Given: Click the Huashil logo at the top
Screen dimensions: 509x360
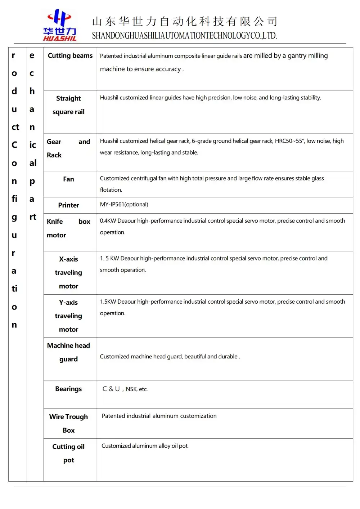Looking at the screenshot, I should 60,26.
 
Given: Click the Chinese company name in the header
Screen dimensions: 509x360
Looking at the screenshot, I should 184,22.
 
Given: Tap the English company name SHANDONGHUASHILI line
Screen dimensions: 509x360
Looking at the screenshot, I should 184,36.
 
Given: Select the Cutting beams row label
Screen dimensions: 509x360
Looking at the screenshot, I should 70,55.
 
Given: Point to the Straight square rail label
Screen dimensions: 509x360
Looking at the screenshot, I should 68,105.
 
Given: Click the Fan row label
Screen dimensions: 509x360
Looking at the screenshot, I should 68,179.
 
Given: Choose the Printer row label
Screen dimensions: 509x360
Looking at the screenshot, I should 68,205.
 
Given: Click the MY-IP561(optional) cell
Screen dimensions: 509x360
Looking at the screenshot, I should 124,205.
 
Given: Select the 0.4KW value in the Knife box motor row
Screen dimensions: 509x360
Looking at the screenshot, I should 108,221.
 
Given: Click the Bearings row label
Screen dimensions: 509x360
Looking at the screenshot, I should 68,389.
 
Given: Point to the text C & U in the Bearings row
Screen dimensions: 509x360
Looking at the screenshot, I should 111,389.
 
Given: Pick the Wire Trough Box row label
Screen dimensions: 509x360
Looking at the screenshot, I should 68,423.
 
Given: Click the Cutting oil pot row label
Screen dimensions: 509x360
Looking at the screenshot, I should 68,453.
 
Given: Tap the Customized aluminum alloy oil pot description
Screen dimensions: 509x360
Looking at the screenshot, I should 144,446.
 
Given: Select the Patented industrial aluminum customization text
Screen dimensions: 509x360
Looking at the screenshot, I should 159,416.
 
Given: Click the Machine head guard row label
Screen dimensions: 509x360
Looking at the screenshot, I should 68,352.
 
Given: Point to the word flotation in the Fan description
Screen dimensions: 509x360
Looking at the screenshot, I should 111,190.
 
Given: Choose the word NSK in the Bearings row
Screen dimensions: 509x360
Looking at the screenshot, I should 131,389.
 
